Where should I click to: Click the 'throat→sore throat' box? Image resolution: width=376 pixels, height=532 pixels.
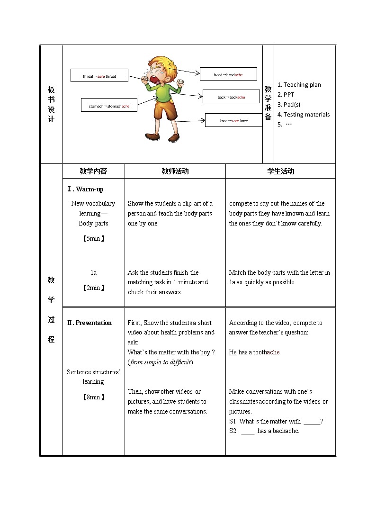coord(99,76)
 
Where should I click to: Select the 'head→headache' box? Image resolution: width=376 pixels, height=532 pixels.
coord(228,74)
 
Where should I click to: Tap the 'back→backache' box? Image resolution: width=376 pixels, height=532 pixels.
coord(232,97)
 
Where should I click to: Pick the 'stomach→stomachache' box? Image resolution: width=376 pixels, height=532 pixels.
coord(109,106)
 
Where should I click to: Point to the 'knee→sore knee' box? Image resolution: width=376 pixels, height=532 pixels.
coord(233,120)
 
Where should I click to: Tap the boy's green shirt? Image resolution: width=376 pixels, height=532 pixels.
coord(162,93)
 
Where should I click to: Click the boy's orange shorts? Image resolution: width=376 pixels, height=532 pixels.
coord(165,111)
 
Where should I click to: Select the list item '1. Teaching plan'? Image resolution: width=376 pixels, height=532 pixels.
coord(299,85)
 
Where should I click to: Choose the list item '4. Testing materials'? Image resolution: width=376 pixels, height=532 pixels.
coord(304,114)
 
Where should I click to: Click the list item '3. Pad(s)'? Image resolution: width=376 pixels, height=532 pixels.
coord(289,104)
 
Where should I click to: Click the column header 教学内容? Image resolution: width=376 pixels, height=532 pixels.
coord(93,171)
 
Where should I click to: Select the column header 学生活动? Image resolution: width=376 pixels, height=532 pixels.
coord(280,171)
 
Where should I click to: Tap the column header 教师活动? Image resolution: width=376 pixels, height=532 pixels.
coord(175,171)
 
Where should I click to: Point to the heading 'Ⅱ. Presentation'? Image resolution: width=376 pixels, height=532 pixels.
coord(90,323)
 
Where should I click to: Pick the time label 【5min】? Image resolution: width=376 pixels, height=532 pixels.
coord(93,238)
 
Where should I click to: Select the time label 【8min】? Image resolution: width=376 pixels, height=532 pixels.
coord(93,397)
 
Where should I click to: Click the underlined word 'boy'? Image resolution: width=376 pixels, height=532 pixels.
coord(205,352)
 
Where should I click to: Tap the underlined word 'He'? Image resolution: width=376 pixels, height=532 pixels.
coord(233,352)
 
